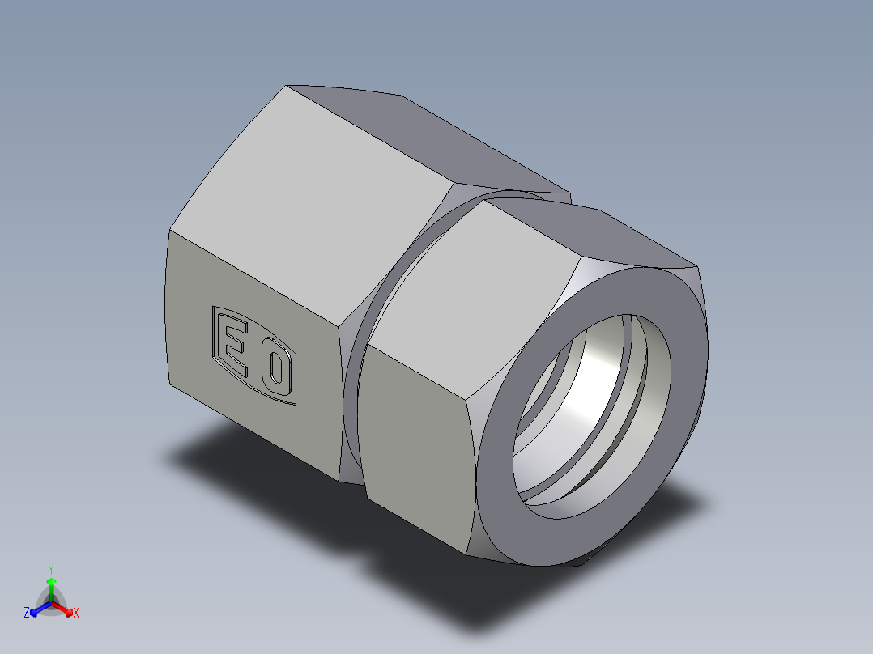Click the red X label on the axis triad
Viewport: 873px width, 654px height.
[x=76, y=614]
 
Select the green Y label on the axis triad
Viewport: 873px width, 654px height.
[x=50, y=568]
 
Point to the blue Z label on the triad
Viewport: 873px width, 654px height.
[x=27, y=614]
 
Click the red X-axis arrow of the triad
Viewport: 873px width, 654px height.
[x=65, y=609]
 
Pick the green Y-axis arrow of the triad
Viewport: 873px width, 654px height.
[x=51, y=584]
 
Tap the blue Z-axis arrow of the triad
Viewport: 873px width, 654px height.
[x=37, y=609]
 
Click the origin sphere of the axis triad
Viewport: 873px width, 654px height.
[x=51, y=603]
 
